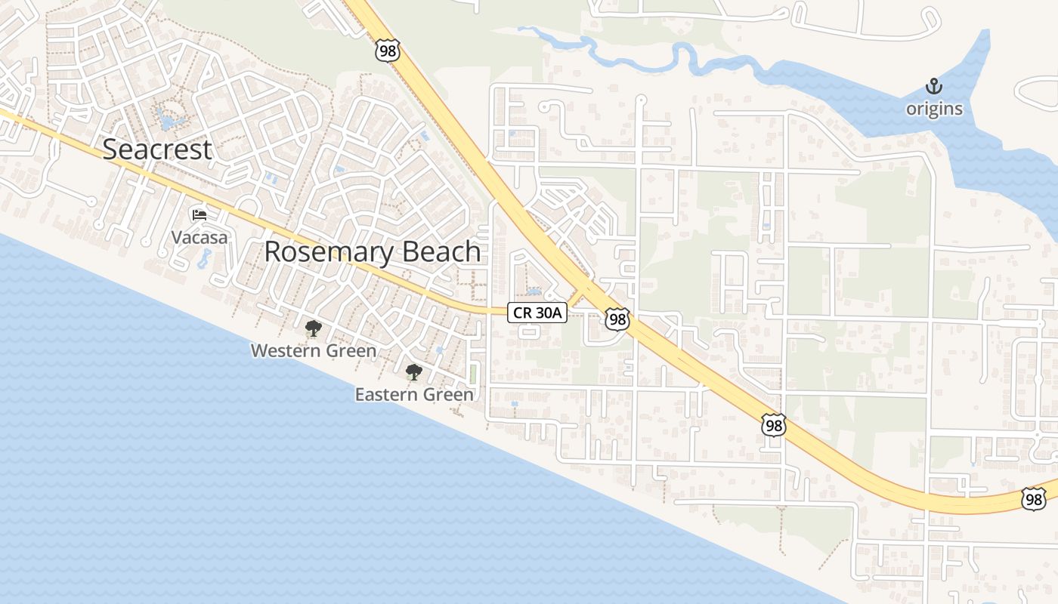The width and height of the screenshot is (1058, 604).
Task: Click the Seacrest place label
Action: tap(157, 149)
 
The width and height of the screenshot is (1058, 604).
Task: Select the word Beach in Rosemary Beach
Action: tap(439, 252)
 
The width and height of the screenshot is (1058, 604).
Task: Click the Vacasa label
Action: tap(199, 237)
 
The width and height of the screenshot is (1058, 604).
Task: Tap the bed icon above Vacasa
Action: tap(199, 215)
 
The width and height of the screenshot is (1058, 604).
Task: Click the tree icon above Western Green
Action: tap(313, 328)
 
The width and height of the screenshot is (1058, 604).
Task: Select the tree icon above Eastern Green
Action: tap(413, 371)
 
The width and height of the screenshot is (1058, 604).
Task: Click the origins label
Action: tap(935, 109)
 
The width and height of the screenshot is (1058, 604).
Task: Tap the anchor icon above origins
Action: tap(935, 87)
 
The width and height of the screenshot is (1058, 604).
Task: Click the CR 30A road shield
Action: tap(537, 313)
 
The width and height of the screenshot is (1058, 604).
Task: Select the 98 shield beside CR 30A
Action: tap(617, 319)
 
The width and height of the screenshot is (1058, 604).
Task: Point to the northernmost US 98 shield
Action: tap(386, 51)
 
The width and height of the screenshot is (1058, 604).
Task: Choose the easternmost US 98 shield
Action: tap(1034, 498)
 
